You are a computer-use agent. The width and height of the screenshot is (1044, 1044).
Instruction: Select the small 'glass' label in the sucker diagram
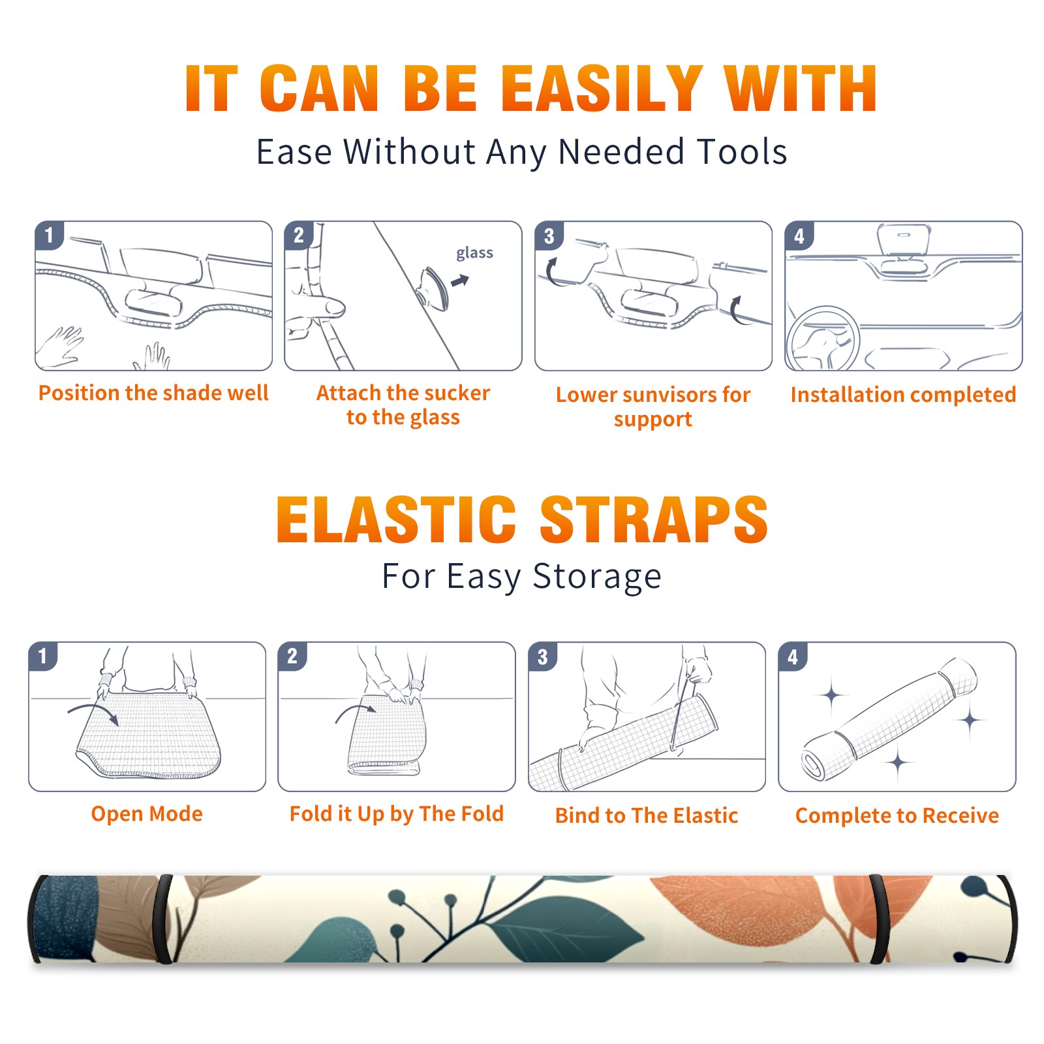pos(474,253)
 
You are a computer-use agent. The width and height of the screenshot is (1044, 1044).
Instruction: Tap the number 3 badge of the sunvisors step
pos(549,236)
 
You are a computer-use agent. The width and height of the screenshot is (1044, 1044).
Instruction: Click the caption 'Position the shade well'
pos(153,393)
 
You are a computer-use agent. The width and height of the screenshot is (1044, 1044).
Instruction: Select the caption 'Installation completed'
pos(903,394)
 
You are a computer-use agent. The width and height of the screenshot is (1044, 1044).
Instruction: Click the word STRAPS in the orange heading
pos(654,519)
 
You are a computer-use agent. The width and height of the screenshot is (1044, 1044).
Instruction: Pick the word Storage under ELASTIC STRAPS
pos(597,577)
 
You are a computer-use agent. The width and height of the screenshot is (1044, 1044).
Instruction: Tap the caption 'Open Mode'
pos(147,814)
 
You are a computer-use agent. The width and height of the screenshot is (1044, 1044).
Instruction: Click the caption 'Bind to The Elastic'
pos(647,816)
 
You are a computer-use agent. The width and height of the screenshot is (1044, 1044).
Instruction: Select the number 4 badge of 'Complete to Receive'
pos(793,656)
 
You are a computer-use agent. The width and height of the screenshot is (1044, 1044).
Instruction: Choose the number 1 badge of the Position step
pos(49,236)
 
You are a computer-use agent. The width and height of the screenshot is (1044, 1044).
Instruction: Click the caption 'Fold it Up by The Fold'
pos(397,814)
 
